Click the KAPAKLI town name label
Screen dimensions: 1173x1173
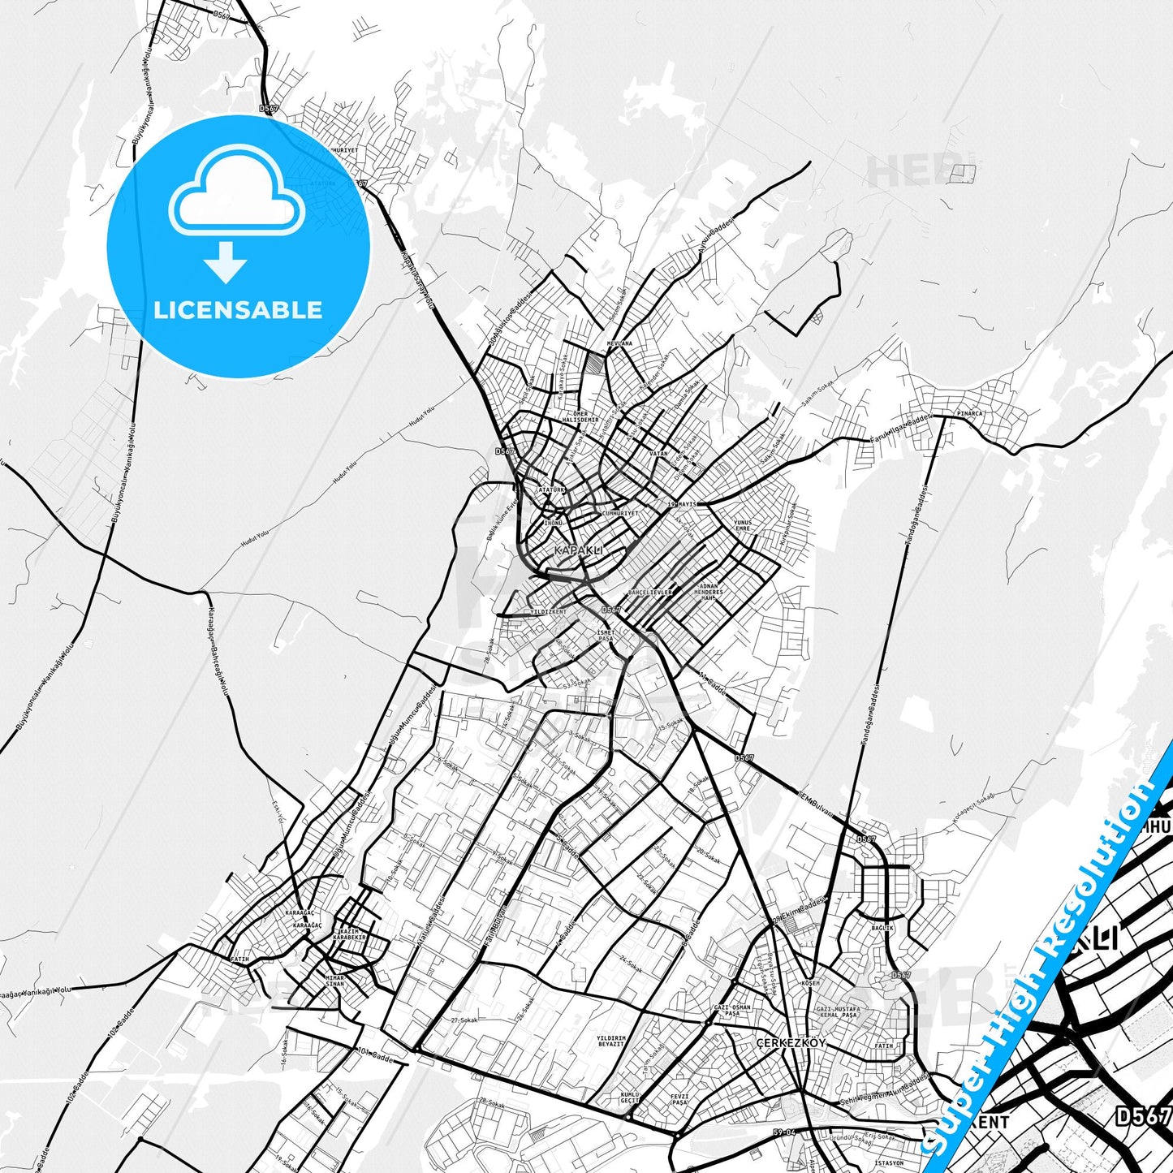coord(578,550)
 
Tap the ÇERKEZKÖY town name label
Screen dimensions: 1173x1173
coord(790,1043)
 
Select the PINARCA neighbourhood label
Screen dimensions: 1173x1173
coord(969,413)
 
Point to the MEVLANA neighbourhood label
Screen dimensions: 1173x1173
coord(619,343)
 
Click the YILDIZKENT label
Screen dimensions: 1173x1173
coord(548,611)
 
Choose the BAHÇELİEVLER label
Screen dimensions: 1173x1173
coord(650,593)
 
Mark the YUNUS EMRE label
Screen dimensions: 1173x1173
coord(742,525)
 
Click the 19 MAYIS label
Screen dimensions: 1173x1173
coord(682,504)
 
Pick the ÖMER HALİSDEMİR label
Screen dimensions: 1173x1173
coord(580,416)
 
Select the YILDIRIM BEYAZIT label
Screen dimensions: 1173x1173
coord(610,1041)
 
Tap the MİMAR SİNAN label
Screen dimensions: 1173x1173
coord(334,981)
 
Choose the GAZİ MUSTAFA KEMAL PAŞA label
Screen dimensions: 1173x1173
coord(837,1012)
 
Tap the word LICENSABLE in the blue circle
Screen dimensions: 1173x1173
coord(238,310)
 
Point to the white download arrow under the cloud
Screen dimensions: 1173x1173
coord(226,262)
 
